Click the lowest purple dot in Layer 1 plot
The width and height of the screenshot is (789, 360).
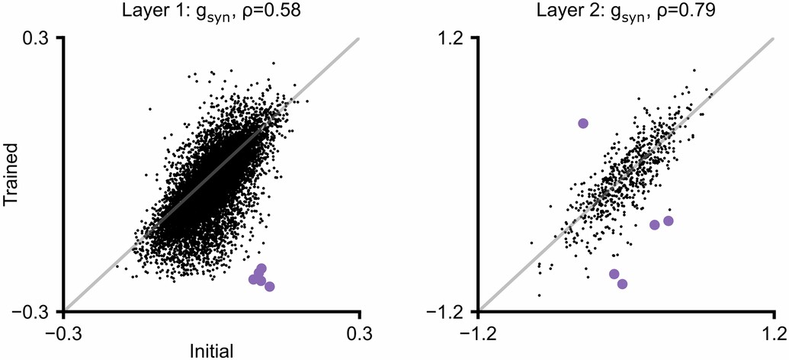269,287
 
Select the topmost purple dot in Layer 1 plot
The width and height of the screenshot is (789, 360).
261,268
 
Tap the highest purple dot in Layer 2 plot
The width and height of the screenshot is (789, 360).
583,123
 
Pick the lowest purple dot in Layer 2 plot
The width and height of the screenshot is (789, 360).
622,284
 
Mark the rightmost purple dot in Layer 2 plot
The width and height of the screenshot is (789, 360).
669,221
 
